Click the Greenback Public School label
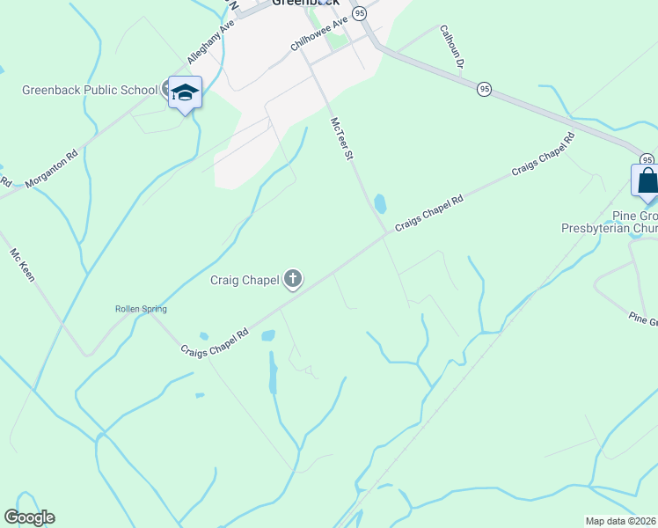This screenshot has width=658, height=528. (90, 90)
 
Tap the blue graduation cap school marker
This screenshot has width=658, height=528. (185, 92)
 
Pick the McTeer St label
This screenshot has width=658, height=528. (341, 139)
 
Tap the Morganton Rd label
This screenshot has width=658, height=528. (52, 168)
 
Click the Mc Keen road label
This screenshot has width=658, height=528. (24, 265)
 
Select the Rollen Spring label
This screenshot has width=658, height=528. (141, 309)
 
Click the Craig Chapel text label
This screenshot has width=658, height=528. (244, 281)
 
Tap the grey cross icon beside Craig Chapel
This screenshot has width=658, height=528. (293, 280)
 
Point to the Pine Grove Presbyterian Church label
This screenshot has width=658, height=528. (610, 222)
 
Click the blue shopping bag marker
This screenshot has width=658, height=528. (647, 181)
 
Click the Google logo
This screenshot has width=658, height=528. (29, 517)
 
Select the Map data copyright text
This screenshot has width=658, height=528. (621, 520)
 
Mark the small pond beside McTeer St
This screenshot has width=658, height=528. (380, 204)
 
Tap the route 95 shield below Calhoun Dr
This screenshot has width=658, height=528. (484, 89)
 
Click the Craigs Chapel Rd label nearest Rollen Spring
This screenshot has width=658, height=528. (216, 343)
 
